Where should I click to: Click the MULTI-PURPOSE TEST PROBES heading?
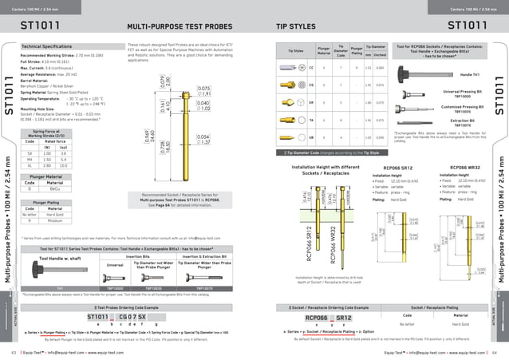click(183, 26)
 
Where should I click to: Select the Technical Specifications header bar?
click(47, 47)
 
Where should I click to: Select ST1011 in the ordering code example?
click(99, 318)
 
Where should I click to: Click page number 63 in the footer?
click(14, 351)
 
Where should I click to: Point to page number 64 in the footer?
click(495, 351)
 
